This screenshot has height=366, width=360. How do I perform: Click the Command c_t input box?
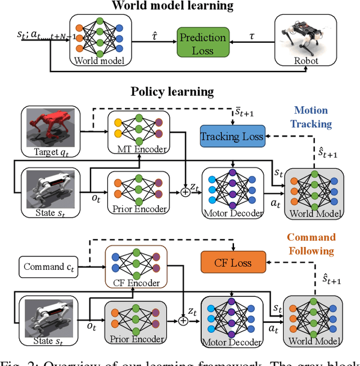click(x=49, y=266)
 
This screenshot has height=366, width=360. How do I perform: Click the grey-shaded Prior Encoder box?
click(x=136, y=323)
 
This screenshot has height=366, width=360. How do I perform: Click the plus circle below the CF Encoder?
click(x=183, y=321)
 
